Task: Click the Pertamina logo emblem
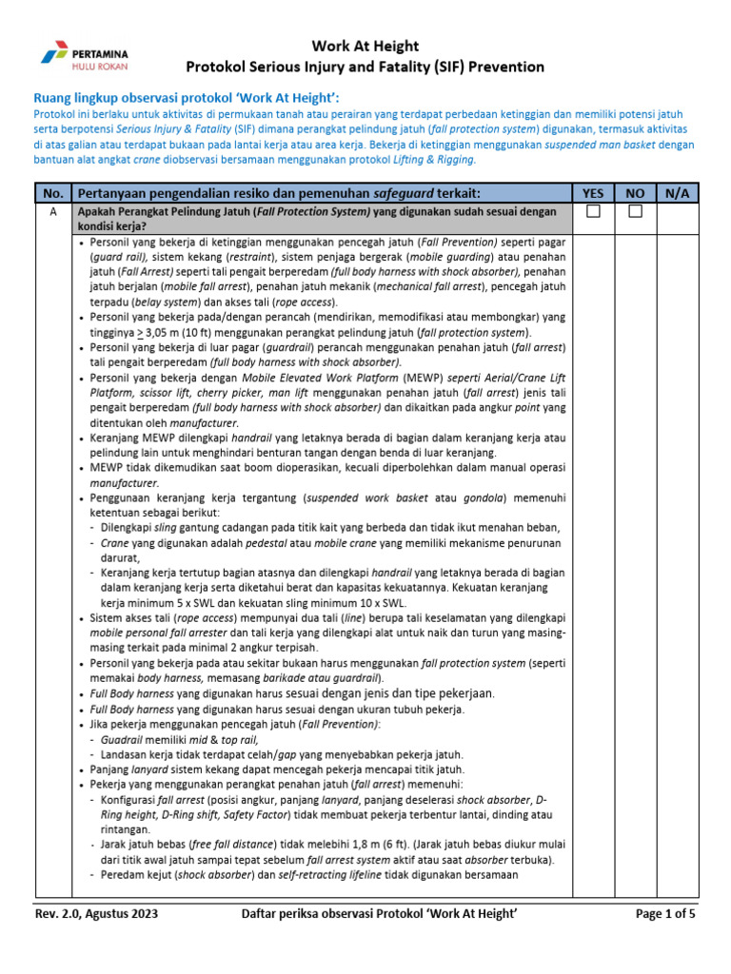click(54, 53)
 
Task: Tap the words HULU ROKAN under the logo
click(100, 67)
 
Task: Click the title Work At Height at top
click(365, 46)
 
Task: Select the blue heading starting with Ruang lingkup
click(187, 98)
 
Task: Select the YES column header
click(593, 193)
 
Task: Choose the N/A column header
click(677, 193)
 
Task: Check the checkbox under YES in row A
click(593, 212)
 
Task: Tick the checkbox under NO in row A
click(635, 212)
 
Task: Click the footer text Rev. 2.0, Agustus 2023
click(96, 915)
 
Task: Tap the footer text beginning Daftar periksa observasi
click(380, 915)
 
